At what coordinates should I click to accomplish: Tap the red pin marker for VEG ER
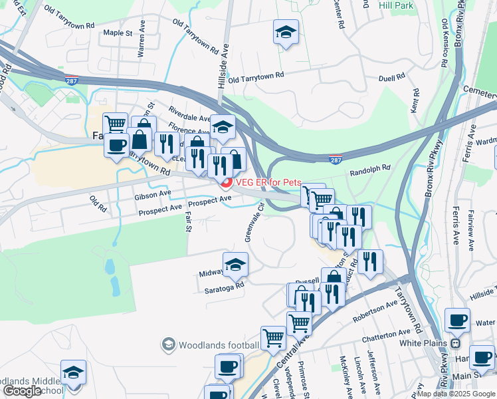pos(225,184)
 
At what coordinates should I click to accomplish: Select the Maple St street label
pos(118,33)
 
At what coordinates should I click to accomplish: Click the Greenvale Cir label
pos(252,222)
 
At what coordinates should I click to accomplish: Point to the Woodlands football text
pos(219,344)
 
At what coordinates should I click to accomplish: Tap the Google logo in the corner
pos(22,391)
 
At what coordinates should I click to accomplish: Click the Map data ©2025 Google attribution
pos(456,394)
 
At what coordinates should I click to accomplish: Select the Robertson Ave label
pos(375,310)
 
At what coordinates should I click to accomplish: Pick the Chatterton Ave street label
pos(386,332)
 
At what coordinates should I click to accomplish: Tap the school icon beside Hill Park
pos(286,32)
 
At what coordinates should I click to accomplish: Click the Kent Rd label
pos(415,100)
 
